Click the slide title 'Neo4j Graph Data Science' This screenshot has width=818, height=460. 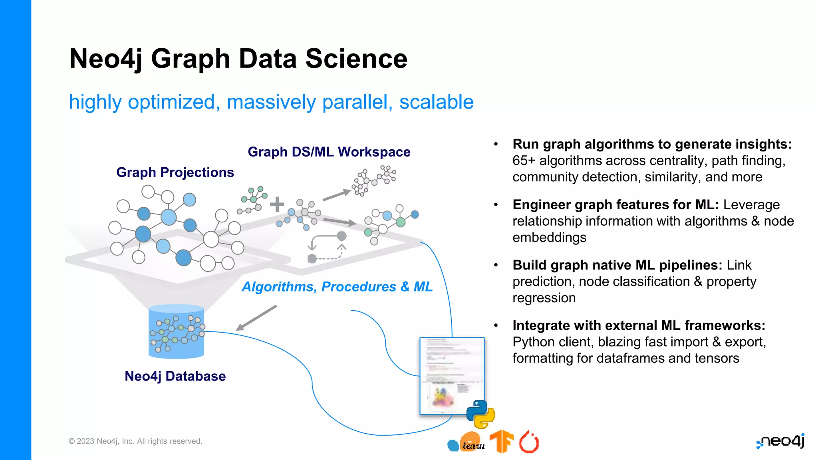(238, 59)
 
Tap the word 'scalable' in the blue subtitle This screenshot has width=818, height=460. (436, 102)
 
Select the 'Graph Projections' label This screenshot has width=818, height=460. (175, 172)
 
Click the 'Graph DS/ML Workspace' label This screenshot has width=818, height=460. (329, 152)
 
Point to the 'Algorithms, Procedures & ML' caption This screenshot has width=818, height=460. (337, 286)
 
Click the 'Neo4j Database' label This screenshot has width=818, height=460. (175, 376)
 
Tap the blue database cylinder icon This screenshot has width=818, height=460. (176, 331)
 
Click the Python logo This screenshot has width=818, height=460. (480, 414)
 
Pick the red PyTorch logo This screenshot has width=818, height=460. (529, 442)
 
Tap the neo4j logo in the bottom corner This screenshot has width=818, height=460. (781, 441)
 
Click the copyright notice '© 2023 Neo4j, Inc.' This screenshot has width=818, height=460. (135, 441)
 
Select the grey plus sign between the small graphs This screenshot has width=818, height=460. (277, 204)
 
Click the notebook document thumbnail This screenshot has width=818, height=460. (451, 375)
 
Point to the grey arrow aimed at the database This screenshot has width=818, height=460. (256, 318)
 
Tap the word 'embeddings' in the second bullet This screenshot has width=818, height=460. (549, 238)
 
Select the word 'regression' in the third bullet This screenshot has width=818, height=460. (544, 298)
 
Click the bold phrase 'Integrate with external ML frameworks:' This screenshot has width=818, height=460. (639, 325)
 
